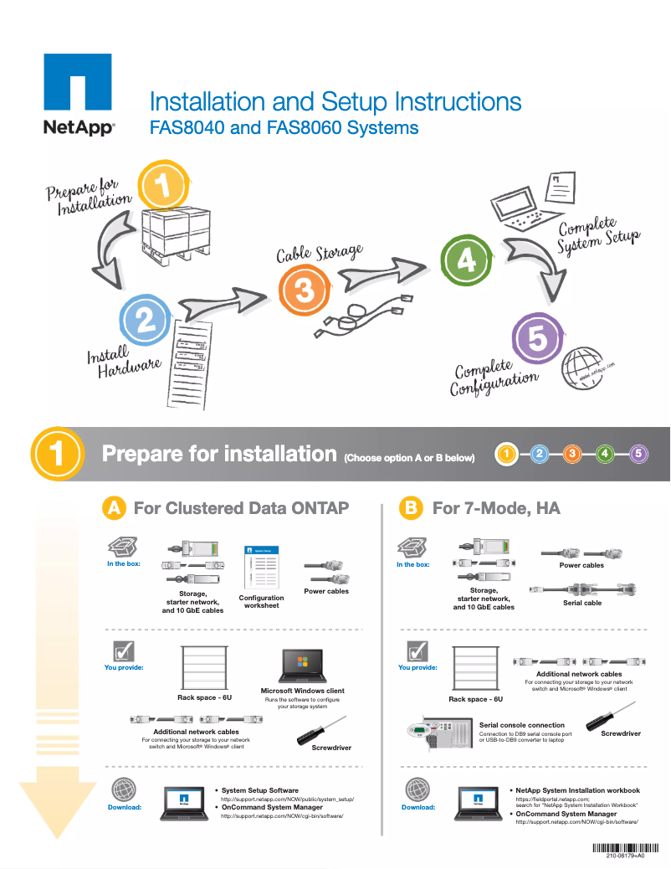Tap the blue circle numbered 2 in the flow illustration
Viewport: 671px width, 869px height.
click(x=146, y=320)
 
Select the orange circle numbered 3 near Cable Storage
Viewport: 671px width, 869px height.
click(x=304, y=291)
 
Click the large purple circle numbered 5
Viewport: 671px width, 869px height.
click(x=537, y=339)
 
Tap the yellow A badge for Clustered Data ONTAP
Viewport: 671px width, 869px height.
click(x=115, y=508)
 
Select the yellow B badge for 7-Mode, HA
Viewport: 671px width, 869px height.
click(x=410, y=508)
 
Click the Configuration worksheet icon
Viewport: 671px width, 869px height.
click(x=261, y=567)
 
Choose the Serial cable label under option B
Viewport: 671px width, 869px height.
click(x=581, y=603)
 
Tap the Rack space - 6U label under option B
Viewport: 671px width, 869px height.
click(x=475, y=699)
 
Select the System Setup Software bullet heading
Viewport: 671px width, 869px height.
click(x=259, y=790)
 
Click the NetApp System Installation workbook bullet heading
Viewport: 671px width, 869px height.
click(x=577, y=790)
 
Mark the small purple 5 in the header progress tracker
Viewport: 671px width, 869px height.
click(x=638, y=454)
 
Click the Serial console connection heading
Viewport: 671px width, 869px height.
click(x=521, y=725)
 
